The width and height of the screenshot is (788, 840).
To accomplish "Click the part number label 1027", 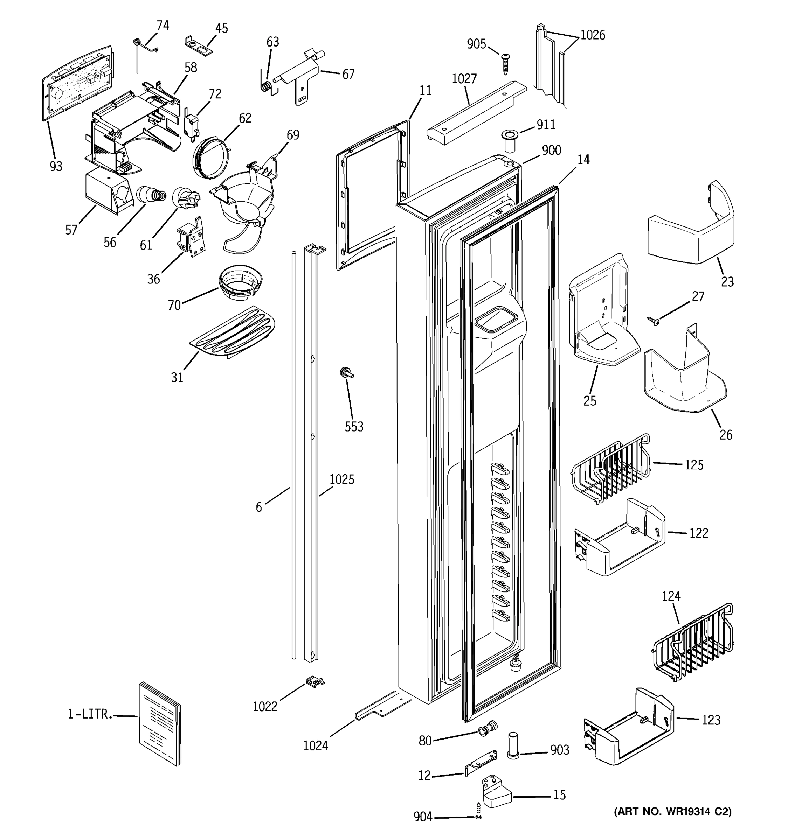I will (x=464, y=79).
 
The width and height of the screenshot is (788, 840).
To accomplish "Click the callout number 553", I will (x=354, y=427).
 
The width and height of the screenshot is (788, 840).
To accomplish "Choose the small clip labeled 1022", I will (x=314, y=681).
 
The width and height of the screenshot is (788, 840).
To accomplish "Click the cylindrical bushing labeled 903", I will (x=513, y=746).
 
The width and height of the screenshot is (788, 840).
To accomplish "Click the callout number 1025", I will (x=341, y=479).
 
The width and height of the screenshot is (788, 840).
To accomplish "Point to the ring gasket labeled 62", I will (x=211, y=158).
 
